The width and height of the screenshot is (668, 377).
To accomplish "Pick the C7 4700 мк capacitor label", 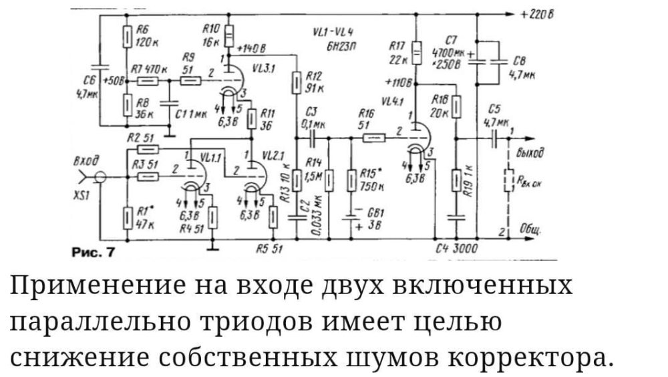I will (x=452, y=51).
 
